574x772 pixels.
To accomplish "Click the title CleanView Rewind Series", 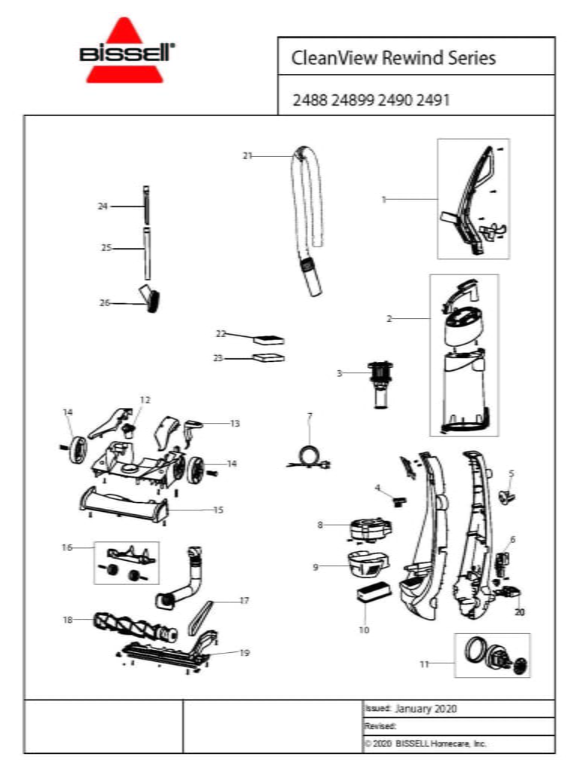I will click(x=393, y=58).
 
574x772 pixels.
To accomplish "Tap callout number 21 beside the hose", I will click(x=247, y=156).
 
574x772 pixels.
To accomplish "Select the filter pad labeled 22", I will click(x=269, y=339).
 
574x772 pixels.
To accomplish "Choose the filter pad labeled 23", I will click(x=269, y=358).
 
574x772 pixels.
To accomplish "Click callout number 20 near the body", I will click(x=519, y=612).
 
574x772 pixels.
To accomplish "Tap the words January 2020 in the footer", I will click(x=426, y=709).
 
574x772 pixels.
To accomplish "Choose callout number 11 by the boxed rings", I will click(x=424, y=663).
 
